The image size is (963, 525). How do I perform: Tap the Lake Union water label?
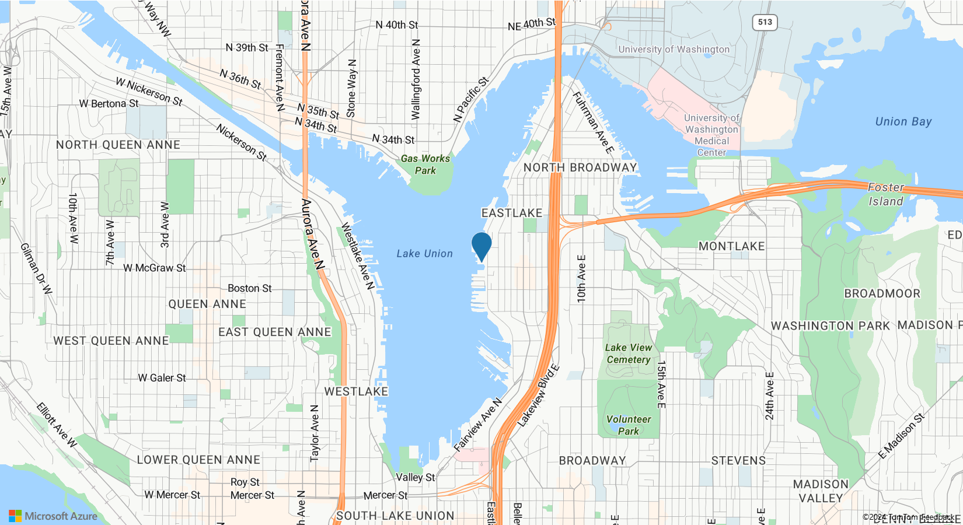(424, 254)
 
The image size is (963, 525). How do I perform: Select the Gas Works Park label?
(425, 164)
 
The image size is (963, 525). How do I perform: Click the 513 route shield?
(765, 22)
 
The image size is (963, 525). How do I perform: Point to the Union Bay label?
(903, 121)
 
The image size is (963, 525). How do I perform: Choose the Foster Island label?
(885, 194)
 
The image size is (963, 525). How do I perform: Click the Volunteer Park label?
(629, 425)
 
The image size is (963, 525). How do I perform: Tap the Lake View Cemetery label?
(628, 353)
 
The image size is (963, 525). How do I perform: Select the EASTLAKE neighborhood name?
(512, 213)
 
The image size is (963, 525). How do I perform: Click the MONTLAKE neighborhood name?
(731, 246)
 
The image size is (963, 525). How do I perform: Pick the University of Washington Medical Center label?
(711, 135)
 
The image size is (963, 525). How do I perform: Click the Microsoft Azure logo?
(53, 516)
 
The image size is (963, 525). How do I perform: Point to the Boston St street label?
(249, 288)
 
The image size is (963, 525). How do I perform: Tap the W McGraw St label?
(154, 268)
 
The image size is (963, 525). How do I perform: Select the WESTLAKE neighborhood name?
(356, 391)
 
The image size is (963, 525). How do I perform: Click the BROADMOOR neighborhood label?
(882, 293)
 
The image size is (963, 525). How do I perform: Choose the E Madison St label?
(902, 436)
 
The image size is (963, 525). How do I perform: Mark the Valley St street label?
(415, 477)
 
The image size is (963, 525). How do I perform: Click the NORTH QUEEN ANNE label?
(118, 145)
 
